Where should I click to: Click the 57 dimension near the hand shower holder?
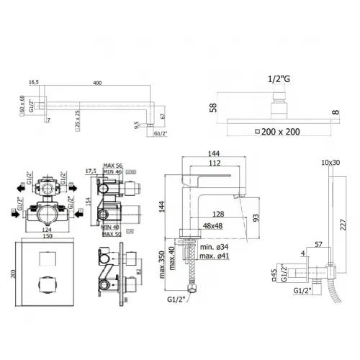point(318,246)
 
